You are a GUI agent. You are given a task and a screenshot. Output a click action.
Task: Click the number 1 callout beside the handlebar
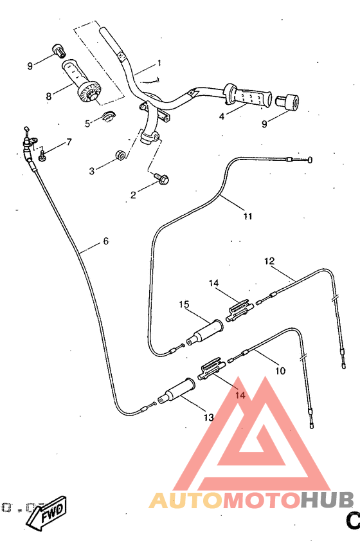159,64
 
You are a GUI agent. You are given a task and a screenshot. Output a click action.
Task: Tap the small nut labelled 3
120,156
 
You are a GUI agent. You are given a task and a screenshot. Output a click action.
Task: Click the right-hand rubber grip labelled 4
250,98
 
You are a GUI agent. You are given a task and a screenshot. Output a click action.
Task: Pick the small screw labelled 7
43,154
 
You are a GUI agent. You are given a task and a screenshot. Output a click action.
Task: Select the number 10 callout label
281,371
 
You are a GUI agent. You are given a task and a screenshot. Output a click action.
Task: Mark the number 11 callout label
248,216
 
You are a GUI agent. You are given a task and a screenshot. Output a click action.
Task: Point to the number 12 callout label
270,261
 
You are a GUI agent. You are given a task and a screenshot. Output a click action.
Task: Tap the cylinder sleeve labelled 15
204,329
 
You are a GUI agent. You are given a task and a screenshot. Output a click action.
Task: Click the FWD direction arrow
49,513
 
